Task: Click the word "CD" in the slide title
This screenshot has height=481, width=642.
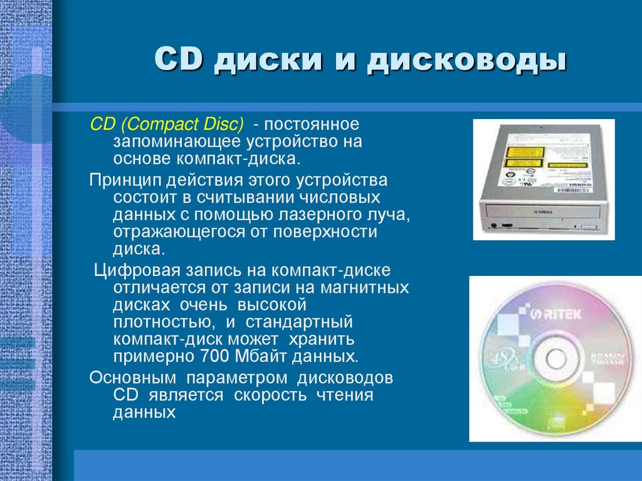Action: click(177, 61)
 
